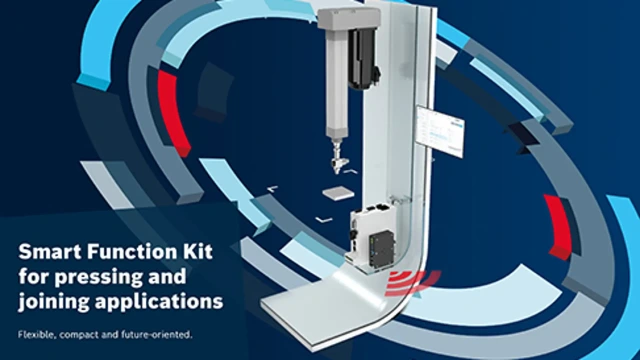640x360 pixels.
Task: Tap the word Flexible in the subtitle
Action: click(x=36, y=335)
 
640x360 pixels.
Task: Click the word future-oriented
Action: click(x=156, y=335)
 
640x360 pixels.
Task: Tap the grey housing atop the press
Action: click(x=349, y=19)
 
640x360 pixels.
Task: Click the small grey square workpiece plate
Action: click(x=338, y=194)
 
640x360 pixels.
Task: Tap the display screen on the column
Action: click(x=440, y=131)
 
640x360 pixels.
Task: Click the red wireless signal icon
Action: click(x=411, y=282)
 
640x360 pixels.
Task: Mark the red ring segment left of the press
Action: click(x=173, y=113)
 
